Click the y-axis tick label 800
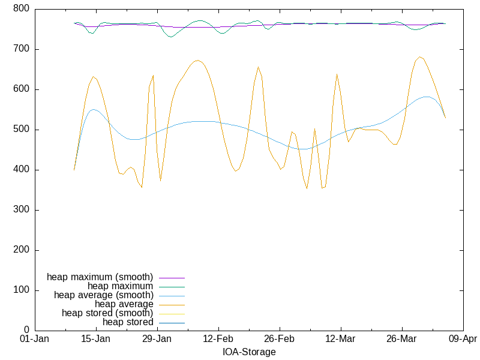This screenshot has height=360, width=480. pyautogui.click(x=21, y=9)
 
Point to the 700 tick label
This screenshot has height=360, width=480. pyautogui.click(x=21, y=49)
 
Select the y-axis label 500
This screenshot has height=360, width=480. pyautogui.click(x=21, y=130)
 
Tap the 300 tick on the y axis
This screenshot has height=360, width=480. pyautogui.click(x=21, y=210)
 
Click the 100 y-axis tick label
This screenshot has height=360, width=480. pyautogui.click(x=21, y=290)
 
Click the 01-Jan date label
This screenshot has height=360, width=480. pyautogui.click(x=34, y=340)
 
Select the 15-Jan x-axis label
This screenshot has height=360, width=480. pyautogui.click(x=95, y=340)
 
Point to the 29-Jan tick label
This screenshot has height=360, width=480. pyautogui.click(x=157, y=340)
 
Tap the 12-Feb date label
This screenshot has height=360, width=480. pyautogui.click(x=218, y=340)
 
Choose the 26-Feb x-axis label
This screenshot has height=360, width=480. pyautogui.click(x=279, y=340)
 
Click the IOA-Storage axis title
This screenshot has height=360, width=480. pyautogui.click(x=249, y=352)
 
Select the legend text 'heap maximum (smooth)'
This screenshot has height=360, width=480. pyautogui.click(x=100, y=277)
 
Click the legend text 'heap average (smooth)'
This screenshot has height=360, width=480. pyautogui.click(x=104, y=295)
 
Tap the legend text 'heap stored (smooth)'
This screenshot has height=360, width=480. pyautogui.click(x=107, y=313)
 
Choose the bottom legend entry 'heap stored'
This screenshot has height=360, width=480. pyautogui.click(x=128, y=322)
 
